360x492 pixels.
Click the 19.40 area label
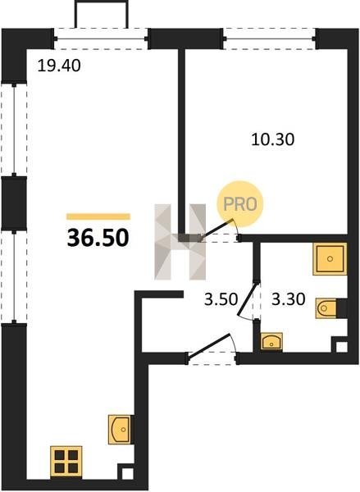point(59,66)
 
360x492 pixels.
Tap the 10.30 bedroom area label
point(273,139)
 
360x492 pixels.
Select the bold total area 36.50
point(98,238)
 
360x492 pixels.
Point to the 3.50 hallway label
point(221,299)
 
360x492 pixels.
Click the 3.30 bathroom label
point(288,299)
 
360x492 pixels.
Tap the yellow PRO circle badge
point(240,204)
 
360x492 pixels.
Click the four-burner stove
point(66,462)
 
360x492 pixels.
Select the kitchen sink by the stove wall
point(120,429)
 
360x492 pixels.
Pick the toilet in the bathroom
point(326,308)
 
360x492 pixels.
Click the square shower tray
point(330,259)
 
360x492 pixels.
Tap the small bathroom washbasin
point(271,341)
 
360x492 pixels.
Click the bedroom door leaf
point(217,230)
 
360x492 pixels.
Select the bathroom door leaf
point(248,298)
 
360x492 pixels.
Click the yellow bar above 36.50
point(98,216)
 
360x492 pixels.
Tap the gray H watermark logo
point(180,242)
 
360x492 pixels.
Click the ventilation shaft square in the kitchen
point(127,473)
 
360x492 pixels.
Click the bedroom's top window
point(270,39)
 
